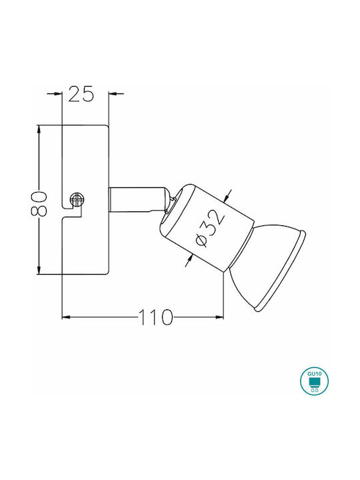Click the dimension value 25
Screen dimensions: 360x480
[81, 94]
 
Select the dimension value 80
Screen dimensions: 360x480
[39, 203]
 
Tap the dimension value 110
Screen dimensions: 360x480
[156, 317]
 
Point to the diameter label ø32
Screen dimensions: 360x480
[210, 228]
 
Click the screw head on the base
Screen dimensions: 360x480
[77, 200]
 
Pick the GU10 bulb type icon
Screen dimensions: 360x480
[314, 381]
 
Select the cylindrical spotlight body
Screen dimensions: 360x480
[207, 227]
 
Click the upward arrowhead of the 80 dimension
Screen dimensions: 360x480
[39, 130]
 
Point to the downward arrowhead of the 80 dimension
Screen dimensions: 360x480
[39, 269]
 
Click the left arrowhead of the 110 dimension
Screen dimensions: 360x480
[67, 317]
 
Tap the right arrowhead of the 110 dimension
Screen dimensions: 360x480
[219, 317]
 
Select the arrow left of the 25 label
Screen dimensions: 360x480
[55, 93]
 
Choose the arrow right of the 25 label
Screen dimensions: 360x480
[116, 93]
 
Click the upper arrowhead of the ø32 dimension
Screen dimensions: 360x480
[227, 197]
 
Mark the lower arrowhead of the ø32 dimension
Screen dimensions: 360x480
[189, 260]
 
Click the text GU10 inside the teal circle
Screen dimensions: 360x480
[314, 374]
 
